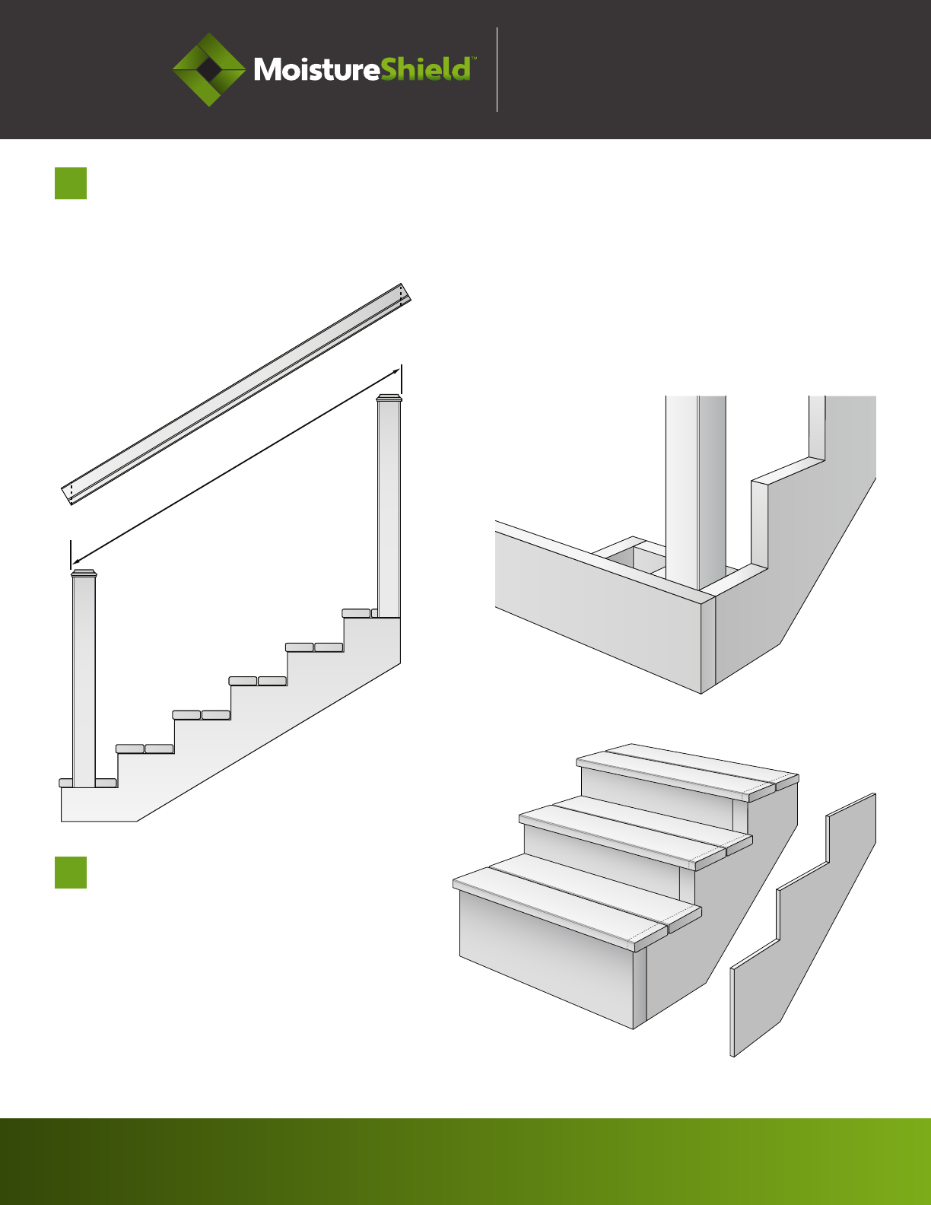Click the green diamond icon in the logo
[209, 69]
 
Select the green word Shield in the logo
[425, 69]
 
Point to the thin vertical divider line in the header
[497, 69]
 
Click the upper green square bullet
[71, 183]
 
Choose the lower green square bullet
[71, 873]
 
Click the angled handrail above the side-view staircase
[237, 394]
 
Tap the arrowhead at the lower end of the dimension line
[76, 561]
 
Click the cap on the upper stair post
[389, 398]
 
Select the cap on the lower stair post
[84, 574]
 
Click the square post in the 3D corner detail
[696, 491]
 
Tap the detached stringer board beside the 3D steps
[803, 925]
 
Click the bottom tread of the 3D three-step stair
[577, 902]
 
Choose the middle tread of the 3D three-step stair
[635, 833]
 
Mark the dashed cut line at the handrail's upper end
[401, 294]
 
